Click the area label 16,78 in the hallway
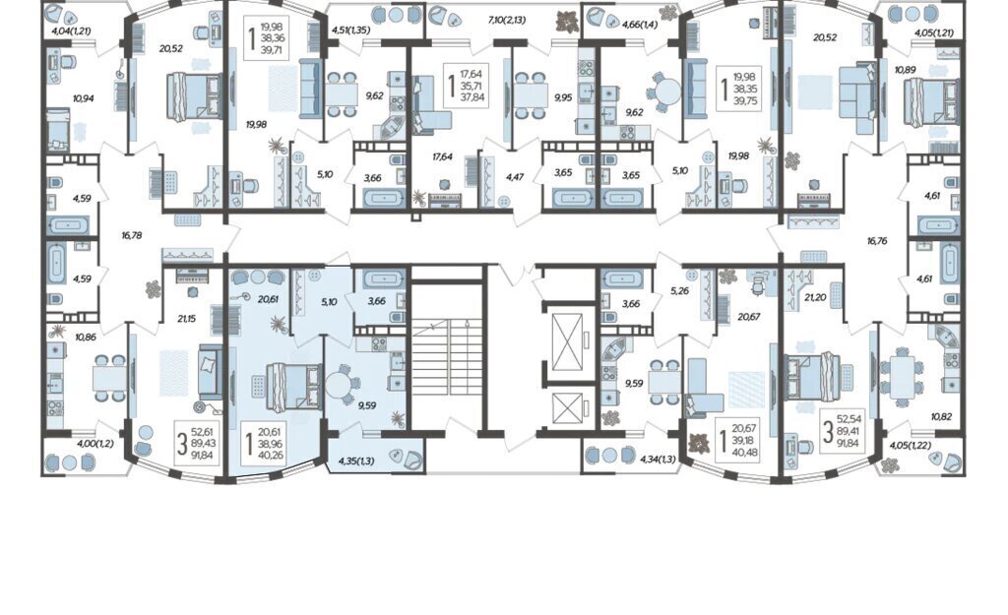pyautogui.click(x=131, y=236)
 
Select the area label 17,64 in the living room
pyautogui.click(x=442, y=156)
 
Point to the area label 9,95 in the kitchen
pyautogui.click(x=562, y=97)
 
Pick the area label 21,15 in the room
pyautogui.click(x=186, y=318)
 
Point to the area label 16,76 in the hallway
pyautogui.click(x=877, y=241)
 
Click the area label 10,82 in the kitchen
pyautogui.click(x=941, y=416)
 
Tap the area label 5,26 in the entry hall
pyautogui.click(x=679, y=291)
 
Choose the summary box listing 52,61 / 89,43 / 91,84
pyautogui.click(x=197, y=444)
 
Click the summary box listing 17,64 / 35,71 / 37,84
pyautogui.click(x=466, y=86)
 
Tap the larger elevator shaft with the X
pyautogui.click(x=567, y=340)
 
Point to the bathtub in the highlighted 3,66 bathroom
pyautogui.click(x=384, y=278)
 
